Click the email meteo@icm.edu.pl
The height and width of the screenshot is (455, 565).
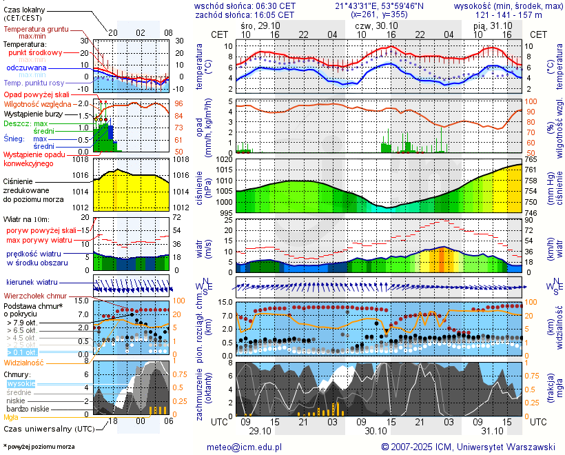click(245, 447)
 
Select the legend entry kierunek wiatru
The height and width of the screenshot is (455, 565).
click(32, 283)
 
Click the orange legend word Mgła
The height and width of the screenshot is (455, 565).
click(11, 417)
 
